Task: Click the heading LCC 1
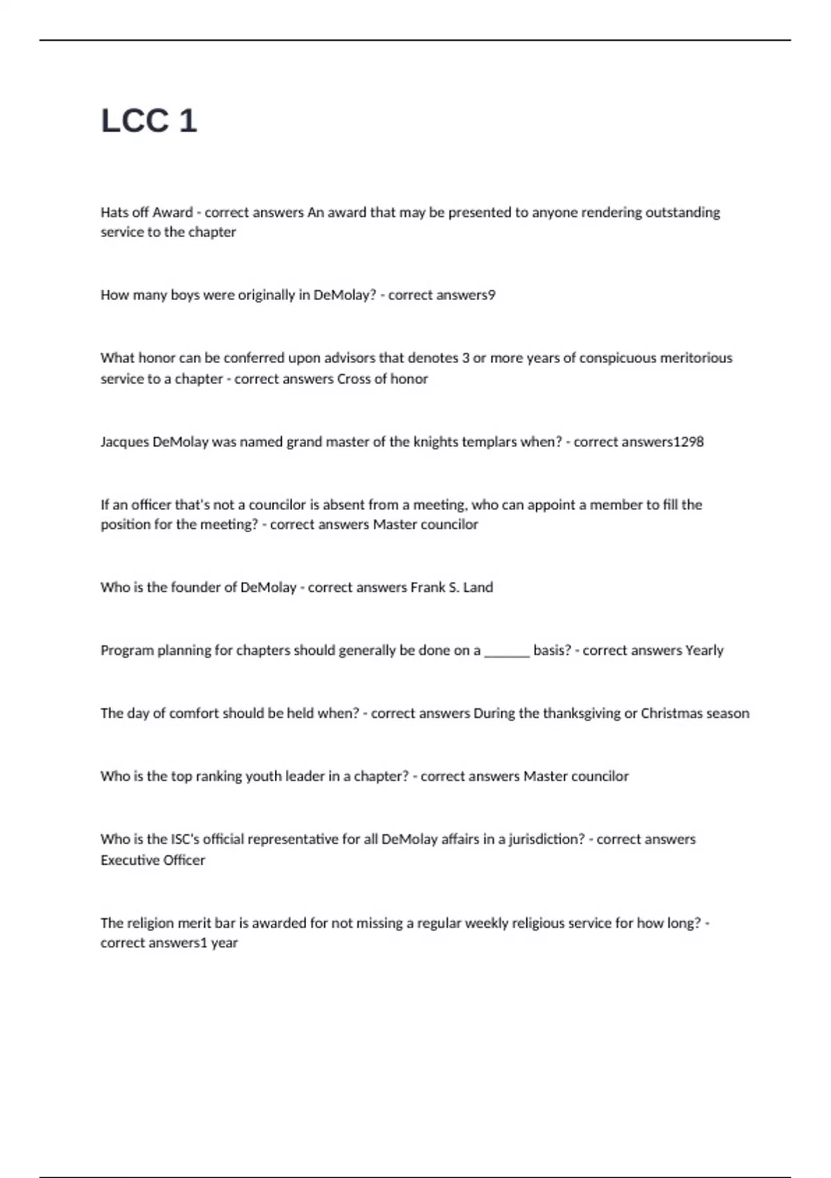pos(149,121)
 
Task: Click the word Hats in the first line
pos(114,212)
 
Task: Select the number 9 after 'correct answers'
pos(492,295)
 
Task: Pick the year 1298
pos(688,442)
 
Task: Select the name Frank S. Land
pos(452,588)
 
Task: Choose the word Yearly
pos(704,651)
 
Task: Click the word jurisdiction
pos(546,840)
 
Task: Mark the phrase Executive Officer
pos(152,861)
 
